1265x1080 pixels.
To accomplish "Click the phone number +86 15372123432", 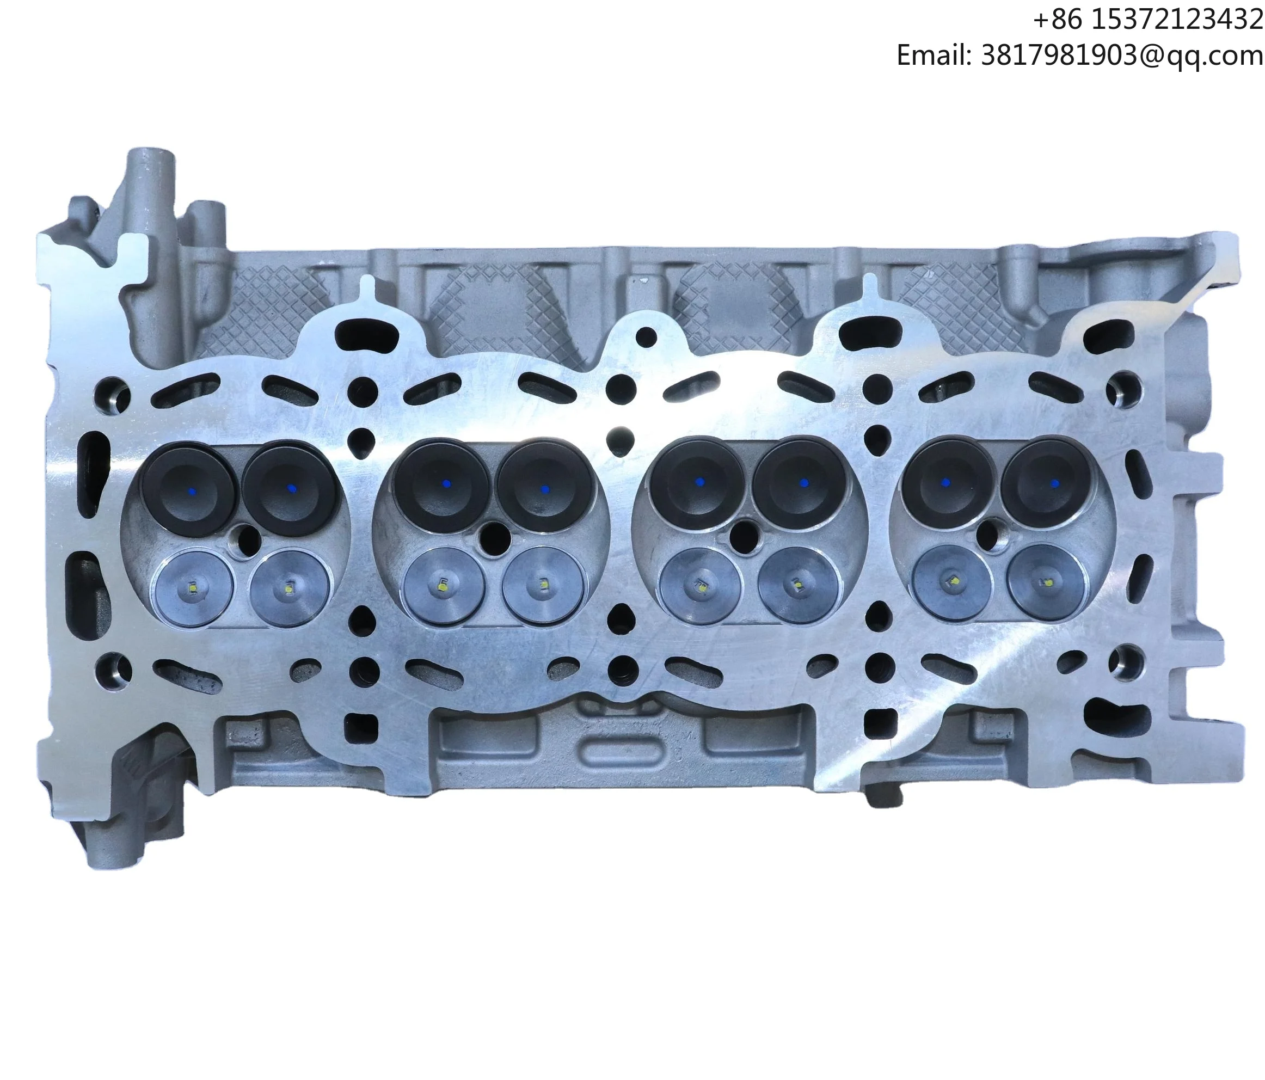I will tap(1147, 20).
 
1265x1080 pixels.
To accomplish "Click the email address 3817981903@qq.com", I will tap(1121, 56).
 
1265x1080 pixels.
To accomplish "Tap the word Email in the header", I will tap(932, 56).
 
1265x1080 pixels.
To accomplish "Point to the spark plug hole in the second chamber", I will tap(495, 537).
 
